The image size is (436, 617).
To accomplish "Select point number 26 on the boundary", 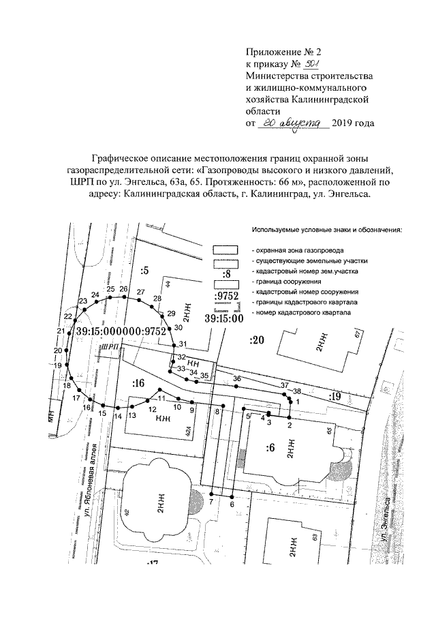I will coord(123,289).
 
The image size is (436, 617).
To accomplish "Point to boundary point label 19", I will coord(58,365).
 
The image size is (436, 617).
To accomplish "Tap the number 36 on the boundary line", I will coord(237,378).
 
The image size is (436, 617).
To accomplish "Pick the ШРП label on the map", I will coord(108,348).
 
